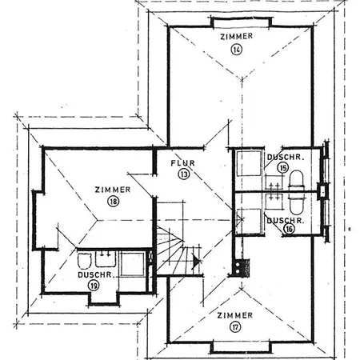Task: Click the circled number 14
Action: coord(237,50)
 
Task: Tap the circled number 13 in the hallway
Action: coord(183,174)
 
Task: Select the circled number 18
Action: coord(113,201)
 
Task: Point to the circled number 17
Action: coord(235,327)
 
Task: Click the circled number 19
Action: coord(94,286)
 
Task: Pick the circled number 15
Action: coord(283,168)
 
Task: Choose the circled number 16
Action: coord(290,229)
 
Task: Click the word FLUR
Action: coord(182,163)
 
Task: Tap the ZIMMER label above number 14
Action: coord(237,36)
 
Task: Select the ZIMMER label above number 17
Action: coord(235,315)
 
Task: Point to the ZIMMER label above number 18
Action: coord(113,190)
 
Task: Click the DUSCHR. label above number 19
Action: coord(94,274)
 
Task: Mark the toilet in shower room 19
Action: coord(85,261)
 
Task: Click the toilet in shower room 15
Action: coord(297,179)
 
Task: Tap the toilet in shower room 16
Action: coord(297,205)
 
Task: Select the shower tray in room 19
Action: coord(133,264)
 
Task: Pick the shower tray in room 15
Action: coord(249,163)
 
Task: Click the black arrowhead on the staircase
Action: coord(196,261)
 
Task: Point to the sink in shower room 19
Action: coord(105,259)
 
